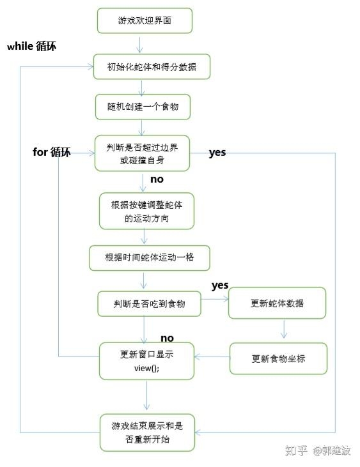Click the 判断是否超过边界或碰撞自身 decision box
[143, 153]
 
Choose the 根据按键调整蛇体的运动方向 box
[146, 211]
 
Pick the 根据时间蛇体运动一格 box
[150, 257]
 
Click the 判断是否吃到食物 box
[149, 303]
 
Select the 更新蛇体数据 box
[277, 303]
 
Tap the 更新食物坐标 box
[278, 358]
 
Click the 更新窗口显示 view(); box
[146, 361]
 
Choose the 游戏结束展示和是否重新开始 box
[146, 433]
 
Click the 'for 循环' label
[52, 152]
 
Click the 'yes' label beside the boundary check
[217, 153]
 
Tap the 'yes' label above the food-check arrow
[220, 285]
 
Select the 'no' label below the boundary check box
[157, 180]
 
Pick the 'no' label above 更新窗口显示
[167, 338]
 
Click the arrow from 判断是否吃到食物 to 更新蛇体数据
[215, 298]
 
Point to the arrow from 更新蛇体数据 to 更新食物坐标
[284, 330]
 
